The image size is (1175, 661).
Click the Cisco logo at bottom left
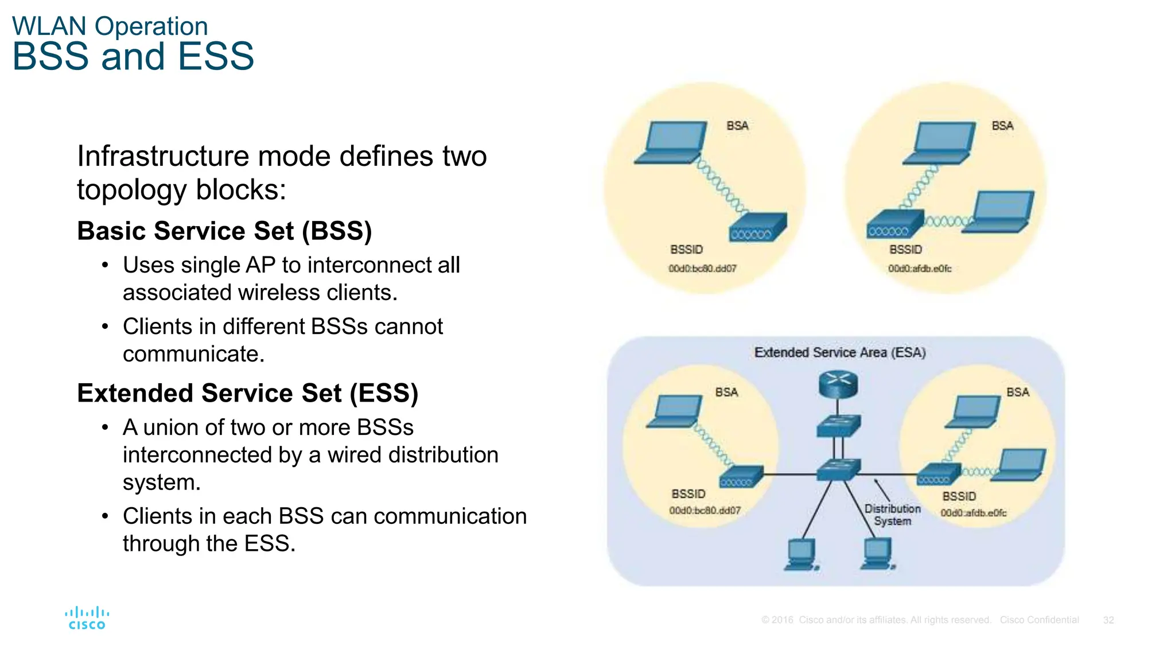point(87,618)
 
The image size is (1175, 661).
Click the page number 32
point(1108,620)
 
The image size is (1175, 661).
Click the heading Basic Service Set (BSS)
point(224,231)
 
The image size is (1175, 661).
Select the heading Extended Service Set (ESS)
point(247,393)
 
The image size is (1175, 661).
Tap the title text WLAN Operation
point(110,26)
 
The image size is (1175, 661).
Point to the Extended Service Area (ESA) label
point(839,352)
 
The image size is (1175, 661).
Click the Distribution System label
point(892,515)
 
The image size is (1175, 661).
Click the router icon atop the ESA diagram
point(838,384)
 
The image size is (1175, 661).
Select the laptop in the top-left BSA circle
point(672,143)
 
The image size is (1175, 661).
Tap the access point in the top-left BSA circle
point(757,227)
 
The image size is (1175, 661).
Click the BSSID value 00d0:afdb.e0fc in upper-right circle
point(919,269)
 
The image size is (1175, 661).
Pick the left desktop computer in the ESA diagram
point(801,554)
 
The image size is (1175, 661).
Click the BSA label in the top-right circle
point(1002,126)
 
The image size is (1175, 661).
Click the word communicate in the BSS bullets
point(193,354)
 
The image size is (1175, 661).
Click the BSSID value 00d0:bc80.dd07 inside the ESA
point(705,511)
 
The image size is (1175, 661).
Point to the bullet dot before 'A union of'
point(105,427)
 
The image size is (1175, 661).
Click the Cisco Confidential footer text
point(1039,620)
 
